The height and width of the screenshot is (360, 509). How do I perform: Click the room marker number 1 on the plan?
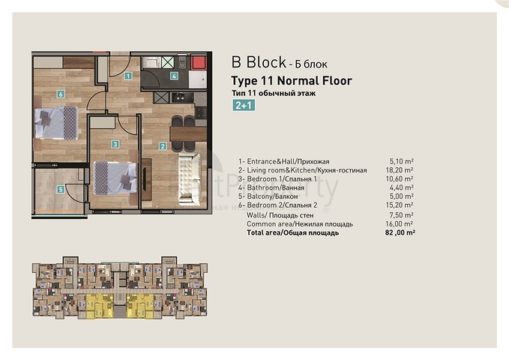pos(128,76)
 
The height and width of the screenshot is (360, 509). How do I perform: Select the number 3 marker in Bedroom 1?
pos(115,144)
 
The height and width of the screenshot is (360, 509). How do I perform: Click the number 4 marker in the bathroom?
pos(174,76)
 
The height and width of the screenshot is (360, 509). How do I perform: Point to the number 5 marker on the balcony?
pos(61,190)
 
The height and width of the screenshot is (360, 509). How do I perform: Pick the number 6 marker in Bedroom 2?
pos(60,94)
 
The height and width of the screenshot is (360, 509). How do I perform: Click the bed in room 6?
pos(56,121)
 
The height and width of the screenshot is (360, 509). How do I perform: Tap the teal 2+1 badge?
pos(244,106)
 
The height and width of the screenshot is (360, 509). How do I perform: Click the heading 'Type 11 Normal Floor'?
pos(292,80)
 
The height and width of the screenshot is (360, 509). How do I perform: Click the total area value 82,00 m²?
pos(399,233)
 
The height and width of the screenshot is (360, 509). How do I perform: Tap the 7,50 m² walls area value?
pos(402,215)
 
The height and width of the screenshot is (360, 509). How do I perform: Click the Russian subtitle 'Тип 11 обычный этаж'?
pos(275,92)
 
